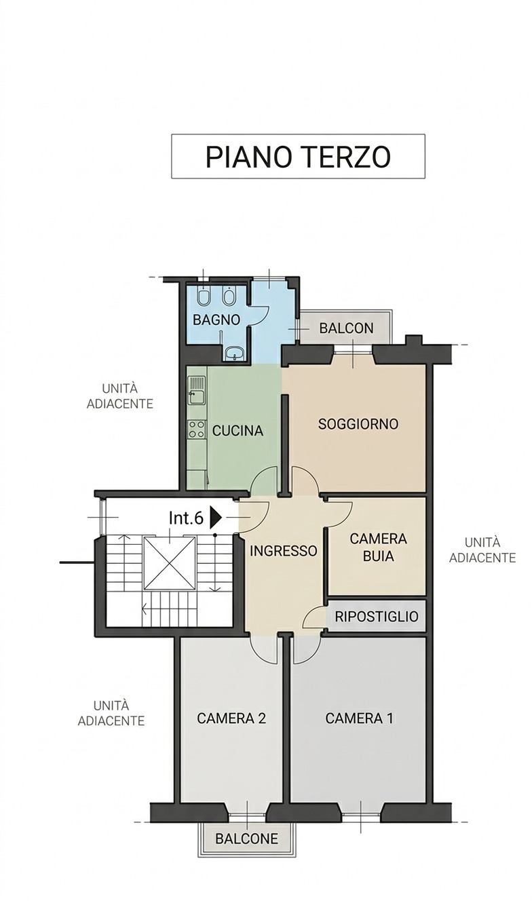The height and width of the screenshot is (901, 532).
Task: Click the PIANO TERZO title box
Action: pyautogui.click(x=298, y=156)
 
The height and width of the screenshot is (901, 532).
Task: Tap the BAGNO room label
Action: pyautogui.click(x=216, y=320)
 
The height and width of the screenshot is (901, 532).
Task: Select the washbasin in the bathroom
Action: pyautogui.click(x=235, y=353)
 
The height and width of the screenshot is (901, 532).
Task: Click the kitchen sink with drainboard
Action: pyautogui.click(x=197, y=390)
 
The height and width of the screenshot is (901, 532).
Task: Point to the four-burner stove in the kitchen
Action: pyautogui.click(x=197, y=429)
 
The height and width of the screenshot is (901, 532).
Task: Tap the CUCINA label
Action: pyautogui.click(x=237, y=431)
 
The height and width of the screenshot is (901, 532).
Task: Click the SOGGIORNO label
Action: pyautogui.click(x=358, y=423)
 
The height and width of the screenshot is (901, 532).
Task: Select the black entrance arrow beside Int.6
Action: pyautogui.click(x=216, y=518)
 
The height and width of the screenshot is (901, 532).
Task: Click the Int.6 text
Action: pyautogui.click(x=186, y=518)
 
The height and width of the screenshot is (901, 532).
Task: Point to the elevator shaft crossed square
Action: pyautogui.click(x=170, y=564)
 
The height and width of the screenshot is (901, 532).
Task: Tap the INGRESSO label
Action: pyautogui.click(x=284, y=551)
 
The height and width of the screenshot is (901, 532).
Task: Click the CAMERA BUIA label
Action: pyautogui.click(x=378, y=547)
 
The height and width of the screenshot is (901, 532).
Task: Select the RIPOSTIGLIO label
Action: pyautogui.click(x=376, y=616)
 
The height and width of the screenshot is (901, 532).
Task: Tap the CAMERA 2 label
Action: pyautogui.click(x=231, y=718)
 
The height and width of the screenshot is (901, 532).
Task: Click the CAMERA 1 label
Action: pyautogui.click(x=359, y=718)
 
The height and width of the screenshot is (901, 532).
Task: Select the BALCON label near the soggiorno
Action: pyautogui.click(x=346, y=328)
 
